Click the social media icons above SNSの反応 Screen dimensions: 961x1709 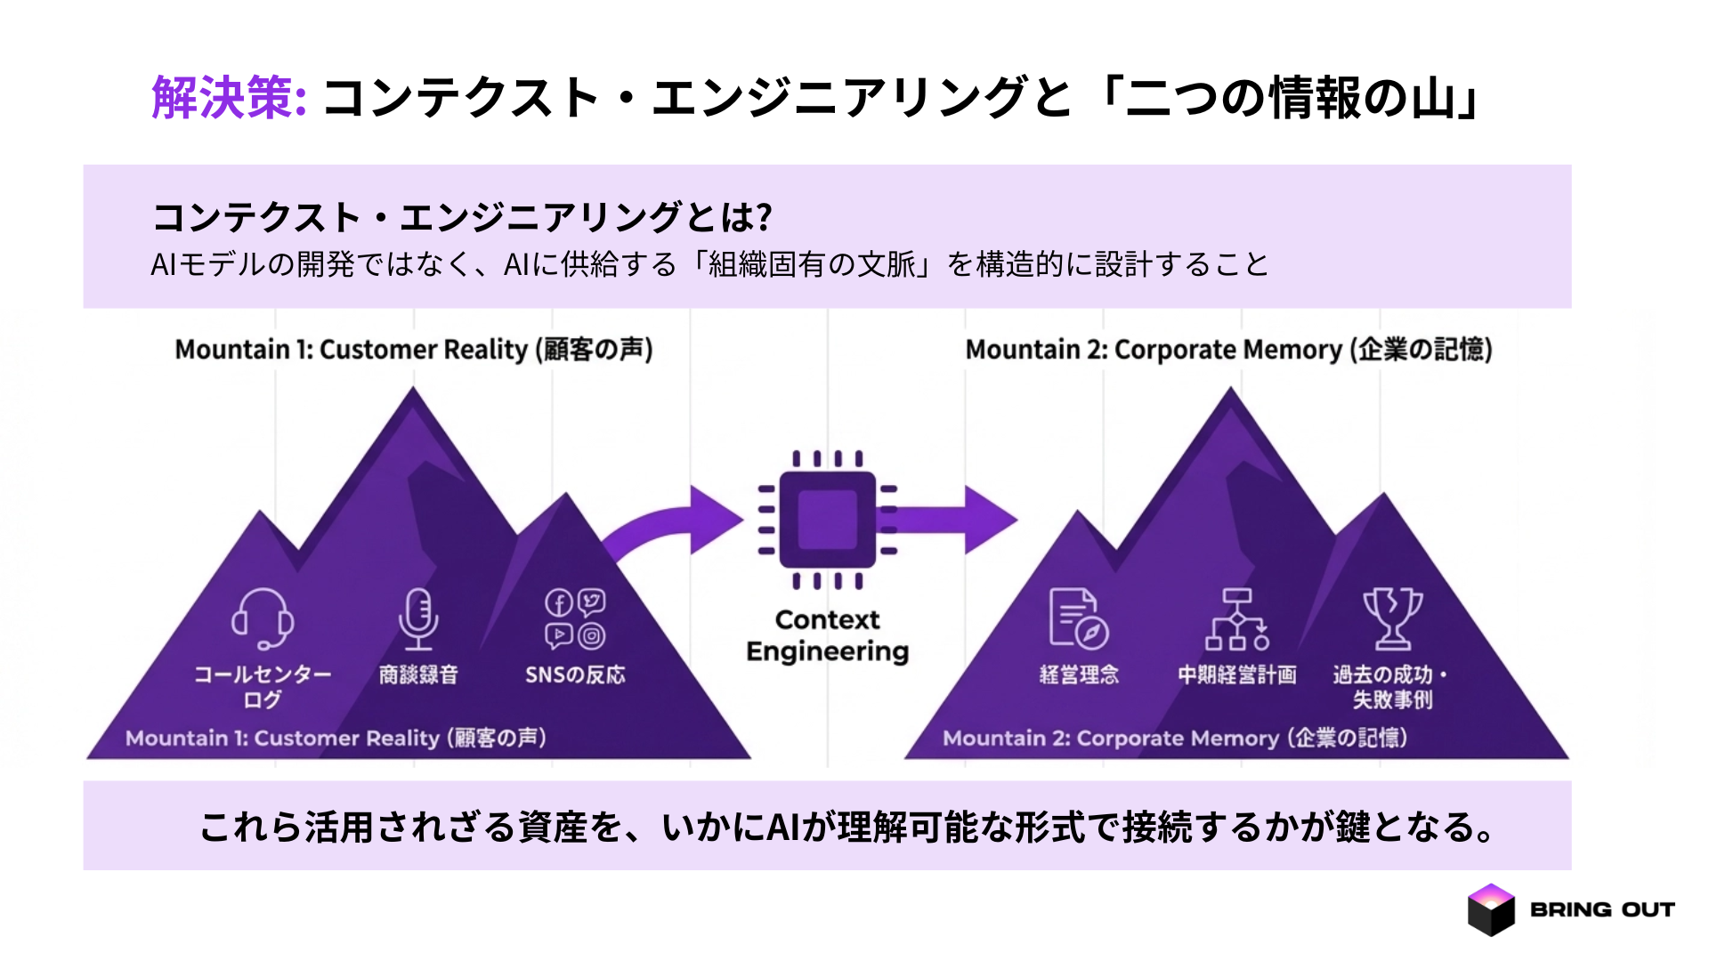[575, 618]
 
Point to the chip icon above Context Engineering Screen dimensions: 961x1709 [827, 520]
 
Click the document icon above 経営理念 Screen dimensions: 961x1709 [1078, 618]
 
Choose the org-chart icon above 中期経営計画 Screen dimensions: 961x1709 [1236, 619]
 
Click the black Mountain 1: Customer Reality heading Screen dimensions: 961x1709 [414, 350]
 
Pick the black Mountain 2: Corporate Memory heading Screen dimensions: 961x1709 [1228, 350]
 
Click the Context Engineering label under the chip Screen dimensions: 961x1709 [827, 635]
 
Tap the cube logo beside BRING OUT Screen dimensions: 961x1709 [1491, 909]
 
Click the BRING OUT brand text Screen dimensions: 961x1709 [1602, 909]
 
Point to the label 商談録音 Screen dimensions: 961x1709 [417, 674]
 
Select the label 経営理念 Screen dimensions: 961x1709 [1078, 674]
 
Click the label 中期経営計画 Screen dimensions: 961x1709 [1236, 674]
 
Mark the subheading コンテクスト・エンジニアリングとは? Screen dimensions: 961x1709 [462, 217]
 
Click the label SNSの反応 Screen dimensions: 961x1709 [575, 674]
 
